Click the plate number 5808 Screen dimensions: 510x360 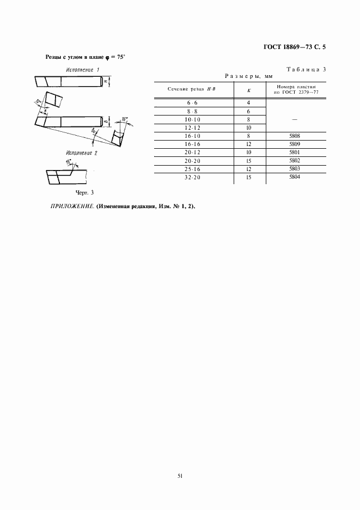(296, 136)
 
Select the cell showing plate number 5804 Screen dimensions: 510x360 (296, 178)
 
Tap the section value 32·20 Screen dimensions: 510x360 (193, 178)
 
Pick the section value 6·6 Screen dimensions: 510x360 (193, 102)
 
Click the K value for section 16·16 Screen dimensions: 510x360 (248, 144)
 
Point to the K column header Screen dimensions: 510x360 (248, 90)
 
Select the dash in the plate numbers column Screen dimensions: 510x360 (296, 119)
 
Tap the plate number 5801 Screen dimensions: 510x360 (296, 153)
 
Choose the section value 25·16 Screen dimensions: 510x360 (193, 169)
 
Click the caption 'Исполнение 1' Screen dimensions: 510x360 (82, 70)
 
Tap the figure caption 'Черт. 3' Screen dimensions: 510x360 (84, 192)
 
